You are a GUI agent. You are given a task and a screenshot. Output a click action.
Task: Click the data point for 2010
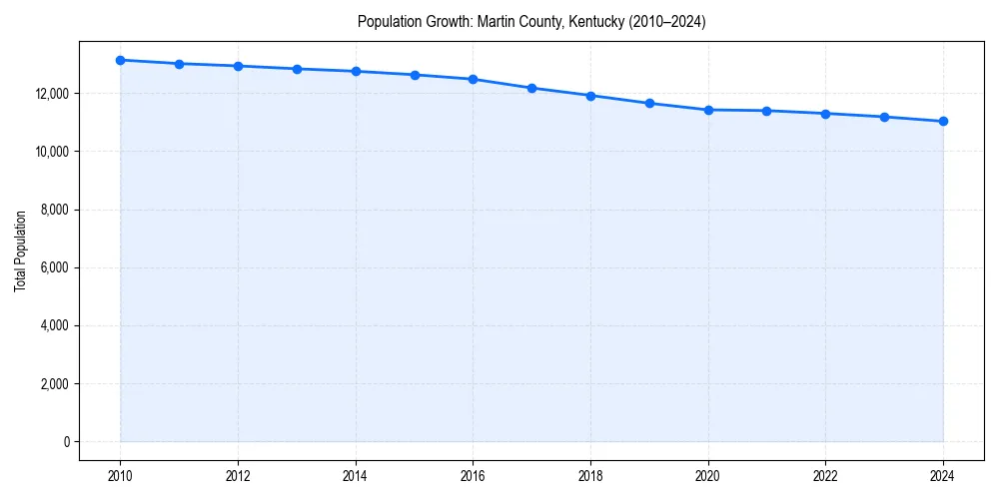(120, 60)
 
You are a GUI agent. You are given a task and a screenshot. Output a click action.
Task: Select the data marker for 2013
(297, 69)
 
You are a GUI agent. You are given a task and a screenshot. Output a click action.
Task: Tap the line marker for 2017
(531, 88)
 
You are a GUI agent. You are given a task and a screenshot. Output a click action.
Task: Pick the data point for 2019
(649, 103)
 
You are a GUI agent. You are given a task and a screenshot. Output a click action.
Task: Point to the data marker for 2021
(766, 111)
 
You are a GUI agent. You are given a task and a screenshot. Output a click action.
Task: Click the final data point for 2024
(943, 121)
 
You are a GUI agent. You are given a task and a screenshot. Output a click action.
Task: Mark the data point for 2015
(415, 75)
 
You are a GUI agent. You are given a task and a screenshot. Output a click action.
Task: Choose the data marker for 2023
(884, 117)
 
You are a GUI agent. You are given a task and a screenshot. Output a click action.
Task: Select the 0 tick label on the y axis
(66, 442)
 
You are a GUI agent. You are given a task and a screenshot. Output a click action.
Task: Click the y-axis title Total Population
(20, 250)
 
